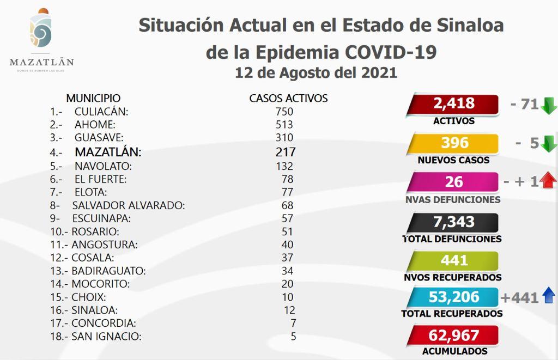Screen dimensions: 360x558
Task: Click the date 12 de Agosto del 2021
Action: pos(316,72)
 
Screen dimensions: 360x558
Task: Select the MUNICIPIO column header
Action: pos(93,99)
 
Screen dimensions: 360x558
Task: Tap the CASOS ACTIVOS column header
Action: pos(288,99)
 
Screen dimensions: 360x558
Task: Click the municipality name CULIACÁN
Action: pos(101,112)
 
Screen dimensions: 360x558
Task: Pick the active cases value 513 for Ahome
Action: pos(284,125)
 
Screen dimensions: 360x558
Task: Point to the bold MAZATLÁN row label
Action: pos(108,152)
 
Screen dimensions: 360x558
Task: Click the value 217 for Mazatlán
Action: pos(286,152)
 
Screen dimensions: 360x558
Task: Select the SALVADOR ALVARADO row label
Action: pos(129,205)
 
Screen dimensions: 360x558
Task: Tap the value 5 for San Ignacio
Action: pos(293,337)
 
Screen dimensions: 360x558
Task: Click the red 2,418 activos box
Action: pos(454,104)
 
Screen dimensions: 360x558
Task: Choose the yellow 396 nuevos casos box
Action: pos(454,143)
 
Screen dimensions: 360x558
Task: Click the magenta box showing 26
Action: pos(454,182)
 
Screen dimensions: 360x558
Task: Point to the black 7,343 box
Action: pos(454,222)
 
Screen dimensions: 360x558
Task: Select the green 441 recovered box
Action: pos(454,260)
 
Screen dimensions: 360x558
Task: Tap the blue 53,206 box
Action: pos(454,297)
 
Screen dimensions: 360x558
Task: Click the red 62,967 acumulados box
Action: pos(454,335)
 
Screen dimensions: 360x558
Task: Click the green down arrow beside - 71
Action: pos(549,105)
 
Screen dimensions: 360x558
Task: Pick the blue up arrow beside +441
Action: pos(549,297)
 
